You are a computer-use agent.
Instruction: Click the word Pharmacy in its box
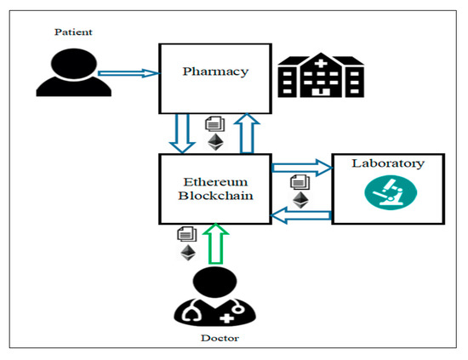click(215, 71)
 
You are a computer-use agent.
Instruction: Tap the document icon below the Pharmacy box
click(215, 124)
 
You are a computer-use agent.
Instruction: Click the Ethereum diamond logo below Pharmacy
click(215, 142)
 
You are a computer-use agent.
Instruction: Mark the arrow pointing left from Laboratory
click(301, 217)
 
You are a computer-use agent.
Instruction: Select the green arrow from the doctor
click(216, 245)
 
